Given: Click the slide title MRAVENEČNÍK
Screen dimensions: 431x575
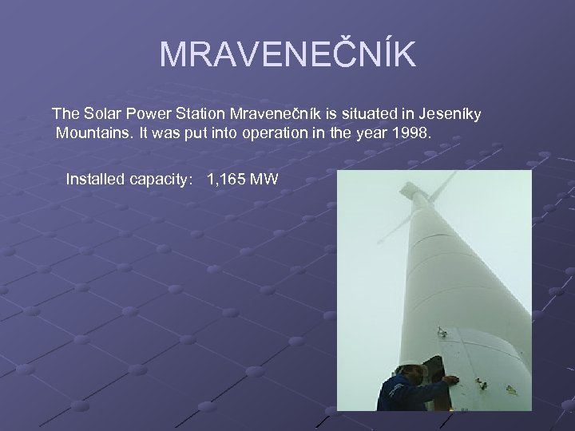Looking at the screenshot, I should [287, 54].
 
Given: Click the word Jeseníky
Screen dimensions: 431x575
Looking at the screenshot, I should [446, 114].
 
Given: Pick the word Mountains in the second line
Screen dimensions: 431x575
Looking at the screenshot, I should [94, 133].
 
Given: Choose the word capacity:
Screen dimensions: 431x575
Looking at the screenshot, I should [162, 179].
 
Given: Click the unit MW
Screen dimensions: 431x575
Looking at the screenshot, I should [264, 179].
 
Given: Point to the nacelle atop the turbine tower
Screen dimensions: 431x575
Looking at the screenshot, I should [411, 192].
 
